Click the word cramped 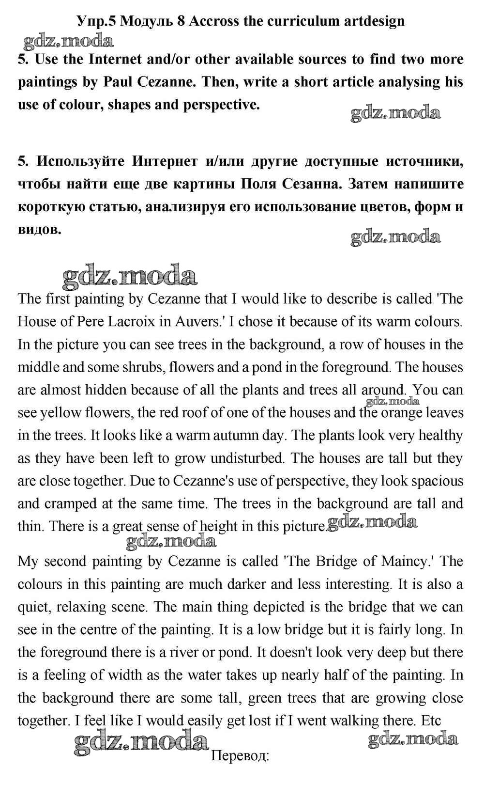point(70,503)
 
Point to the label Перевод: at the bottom point(241,756)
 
